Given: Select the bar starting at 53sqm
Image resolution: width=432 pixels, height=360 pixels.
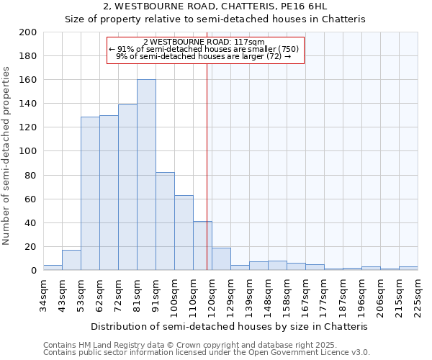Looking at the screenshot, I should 90,194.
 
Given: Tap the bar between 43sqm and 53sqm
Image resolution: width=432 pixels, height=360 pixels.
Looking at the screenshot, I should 71,260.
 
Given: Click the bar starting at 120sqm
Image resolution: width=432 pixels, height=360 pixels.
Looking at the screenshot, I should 221,259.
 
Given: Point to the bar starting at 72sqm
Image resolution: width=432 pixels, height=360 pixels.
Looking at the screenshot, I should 127,187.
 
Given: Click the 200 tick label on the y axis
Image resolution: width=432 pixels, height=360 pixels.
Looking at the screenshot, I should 28,32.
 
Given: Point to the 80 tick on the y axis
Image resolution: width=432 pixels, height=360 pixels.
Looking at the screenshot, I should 31,175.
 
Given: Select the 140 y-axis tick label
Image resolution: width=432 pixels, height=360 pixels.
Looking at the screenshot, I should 28,104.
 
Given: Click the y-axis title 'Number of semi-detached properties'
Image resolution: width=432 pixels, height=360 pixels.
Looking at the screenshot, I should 6,156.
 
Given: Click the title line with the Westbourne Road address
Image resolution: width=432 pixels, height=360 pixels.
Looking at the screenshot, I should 215,6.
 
